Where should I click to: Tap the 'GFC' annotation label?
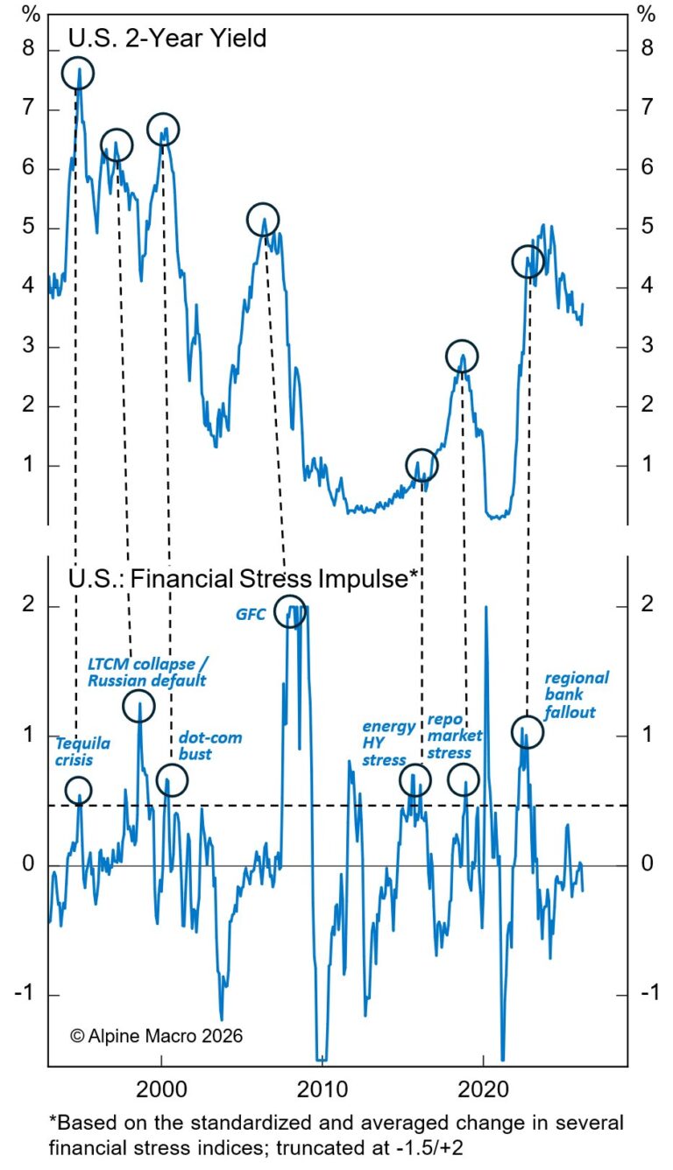(x=250, y=615)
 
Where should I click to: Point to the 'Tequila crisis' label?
(x=83, y=752)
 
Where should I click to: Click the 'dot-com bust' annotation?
(x=209, y=745)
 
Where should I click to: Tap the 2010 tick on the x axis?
(x=322, y=1085)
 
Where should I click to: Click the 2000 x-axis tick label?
(x=161, y=1085)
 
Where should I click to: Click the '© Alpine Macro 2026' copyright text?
(x=156, y=1035)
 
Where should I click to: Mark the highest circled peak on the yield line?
(x=78, y=74)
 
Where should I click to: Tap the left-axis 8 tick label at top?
(x=29, y=49)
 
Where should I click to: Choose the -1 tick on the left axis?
(x=26, y=995)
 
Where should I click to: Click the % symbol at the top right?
(x=646, y=15)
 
